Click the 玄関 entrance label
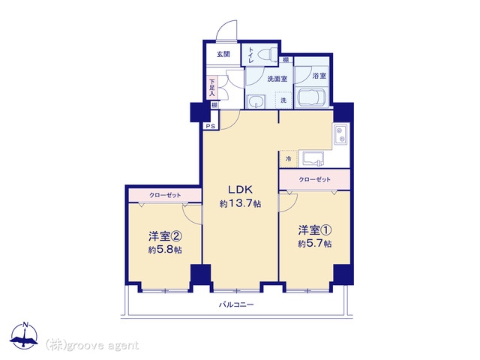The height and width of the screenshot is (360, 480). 223,55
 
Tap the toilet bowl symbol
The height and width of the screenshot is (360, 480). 267,55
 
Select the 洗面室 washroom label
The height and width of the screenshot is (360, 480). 277,79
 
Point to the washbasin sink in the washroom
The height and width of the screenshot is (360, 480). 256,101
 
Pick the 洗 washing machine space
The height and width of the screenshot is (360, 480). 283,100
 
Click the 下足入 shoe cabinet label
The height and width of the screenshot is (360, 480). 211,88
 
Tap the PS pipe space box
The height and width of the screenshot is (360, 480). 211,126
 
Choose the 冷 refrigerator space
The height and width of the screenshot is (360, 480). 288,159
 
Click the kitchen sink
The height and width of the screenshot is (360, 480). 313,159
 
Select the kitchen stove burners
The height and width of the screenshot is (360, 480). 340,135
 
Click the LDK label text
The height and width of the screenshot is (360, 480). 240,190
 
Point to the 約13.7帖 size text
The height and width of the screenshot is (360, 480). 240,203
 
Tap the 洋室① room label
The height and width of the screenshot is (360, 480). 315,230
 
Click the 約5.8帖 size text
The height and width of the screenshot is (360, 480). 165,250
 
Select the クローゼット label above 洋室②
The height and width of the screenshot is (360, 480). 165,195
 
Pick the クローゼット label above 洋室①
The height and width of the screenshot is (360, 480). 315,179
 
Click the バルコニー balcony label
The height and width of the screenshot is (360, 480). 236,304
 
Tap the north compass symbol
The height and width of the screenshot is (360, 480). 24,336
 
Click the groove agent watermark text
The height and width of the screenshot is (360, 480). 92,346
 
